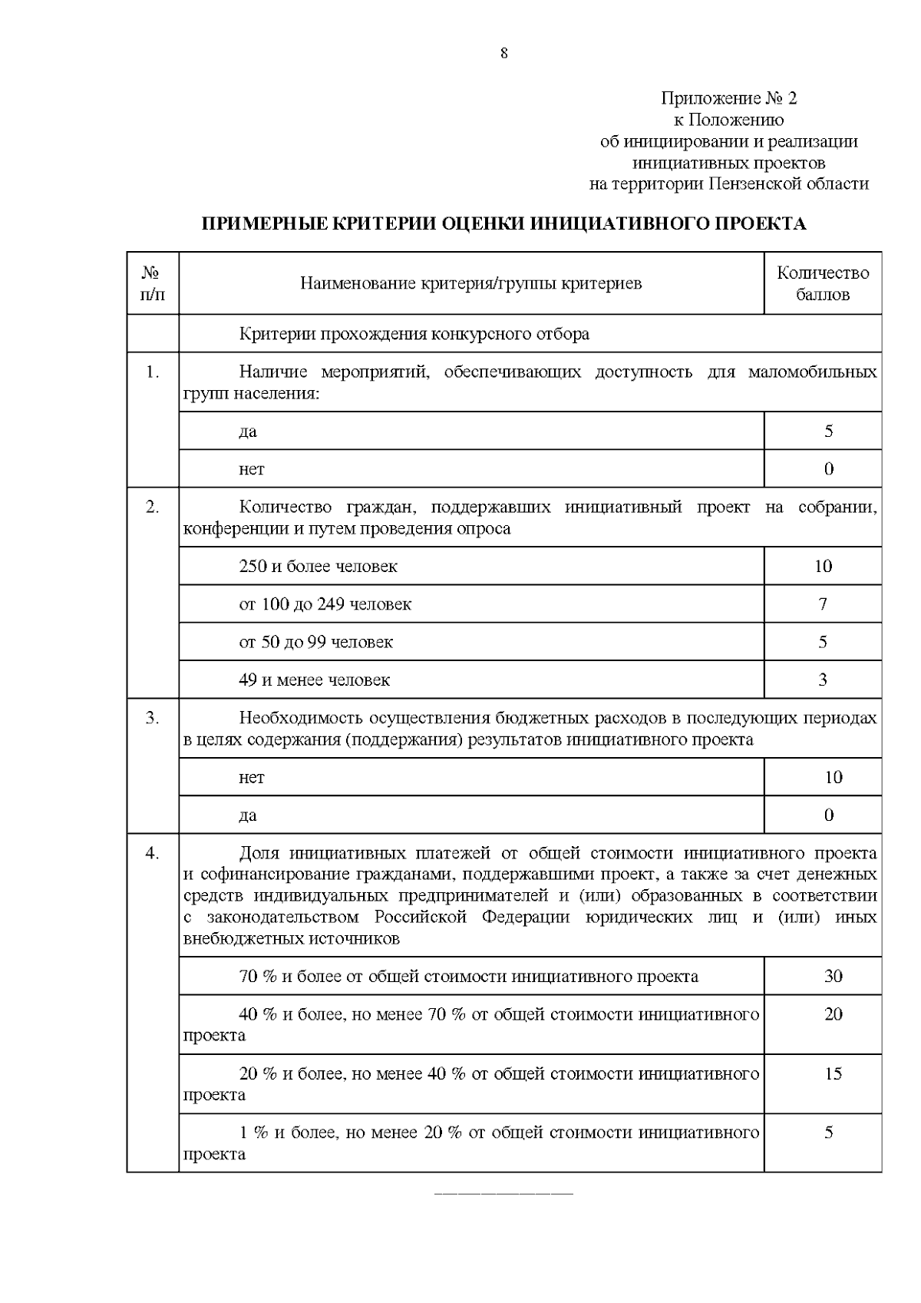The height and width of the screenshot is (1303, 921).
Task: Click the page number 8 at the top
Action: (503, 53)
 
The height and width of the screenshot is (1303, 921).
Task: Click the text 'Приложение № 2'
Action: (728, 98)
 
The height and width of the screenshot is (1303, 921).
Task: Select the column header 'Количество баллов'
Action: (823, 283)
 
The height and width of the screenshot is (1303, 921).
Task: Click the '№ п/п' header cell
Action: (153, 283)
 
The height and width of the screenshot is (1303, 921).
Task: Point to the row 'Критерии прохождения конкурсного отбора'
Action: (414, 334)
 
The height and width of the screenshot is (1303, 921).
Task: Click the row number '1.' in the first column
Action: (153, 372)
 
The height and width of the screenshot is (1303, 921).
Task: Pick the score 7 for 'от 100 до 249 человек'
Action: (823, 604)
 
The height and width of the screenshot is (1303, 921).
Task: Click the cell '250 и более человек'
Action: (318, 567)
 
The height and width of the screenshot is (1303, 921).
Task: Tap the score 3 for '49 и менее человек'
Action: (823, 680)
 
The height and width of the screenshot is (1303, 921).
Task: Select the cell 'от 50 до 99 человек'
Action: (315, 642)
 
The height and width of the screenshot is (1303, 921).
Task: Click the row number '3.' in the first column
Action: (153, 718)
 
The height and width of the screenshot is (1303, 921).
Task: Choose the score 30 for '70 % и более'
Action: (833, 977)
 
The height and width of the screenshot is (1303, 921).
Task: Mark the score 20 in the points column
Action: (833, 1014)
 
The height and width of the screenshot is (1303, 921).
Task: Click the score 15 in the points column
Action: (833, 1073)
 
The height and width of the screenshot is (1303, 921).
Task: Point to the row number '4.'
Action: (153, 853)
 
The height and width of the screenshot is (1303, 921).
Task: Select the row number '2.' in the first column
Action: (153, 507)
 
